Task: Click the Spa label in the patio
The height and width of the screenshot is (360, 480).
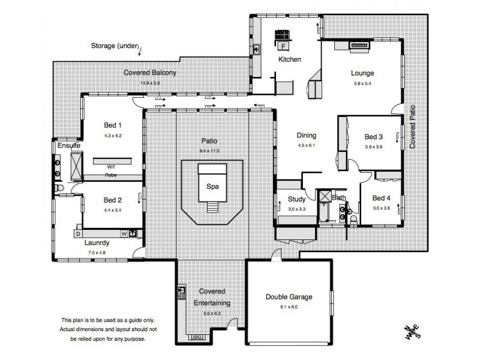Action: (212, 187)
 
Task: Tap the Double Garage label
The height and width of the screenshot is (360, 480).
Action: (289, 297)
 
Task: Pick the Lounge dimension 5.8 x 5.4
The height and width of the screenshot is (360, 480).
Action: (362, 84)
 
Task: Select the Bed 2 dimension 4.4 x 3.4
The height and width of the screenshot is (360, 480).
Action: (113, 211)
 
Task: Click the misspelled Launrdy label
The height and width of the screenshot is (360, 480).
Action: (97, 244)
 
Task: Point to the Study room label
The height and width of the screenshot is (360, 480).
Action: (297, 199)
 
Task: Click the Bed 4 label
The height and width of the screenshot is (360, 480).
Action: (381, 198)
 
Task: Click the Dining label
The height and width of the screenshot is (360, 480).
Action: (306, 136)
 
